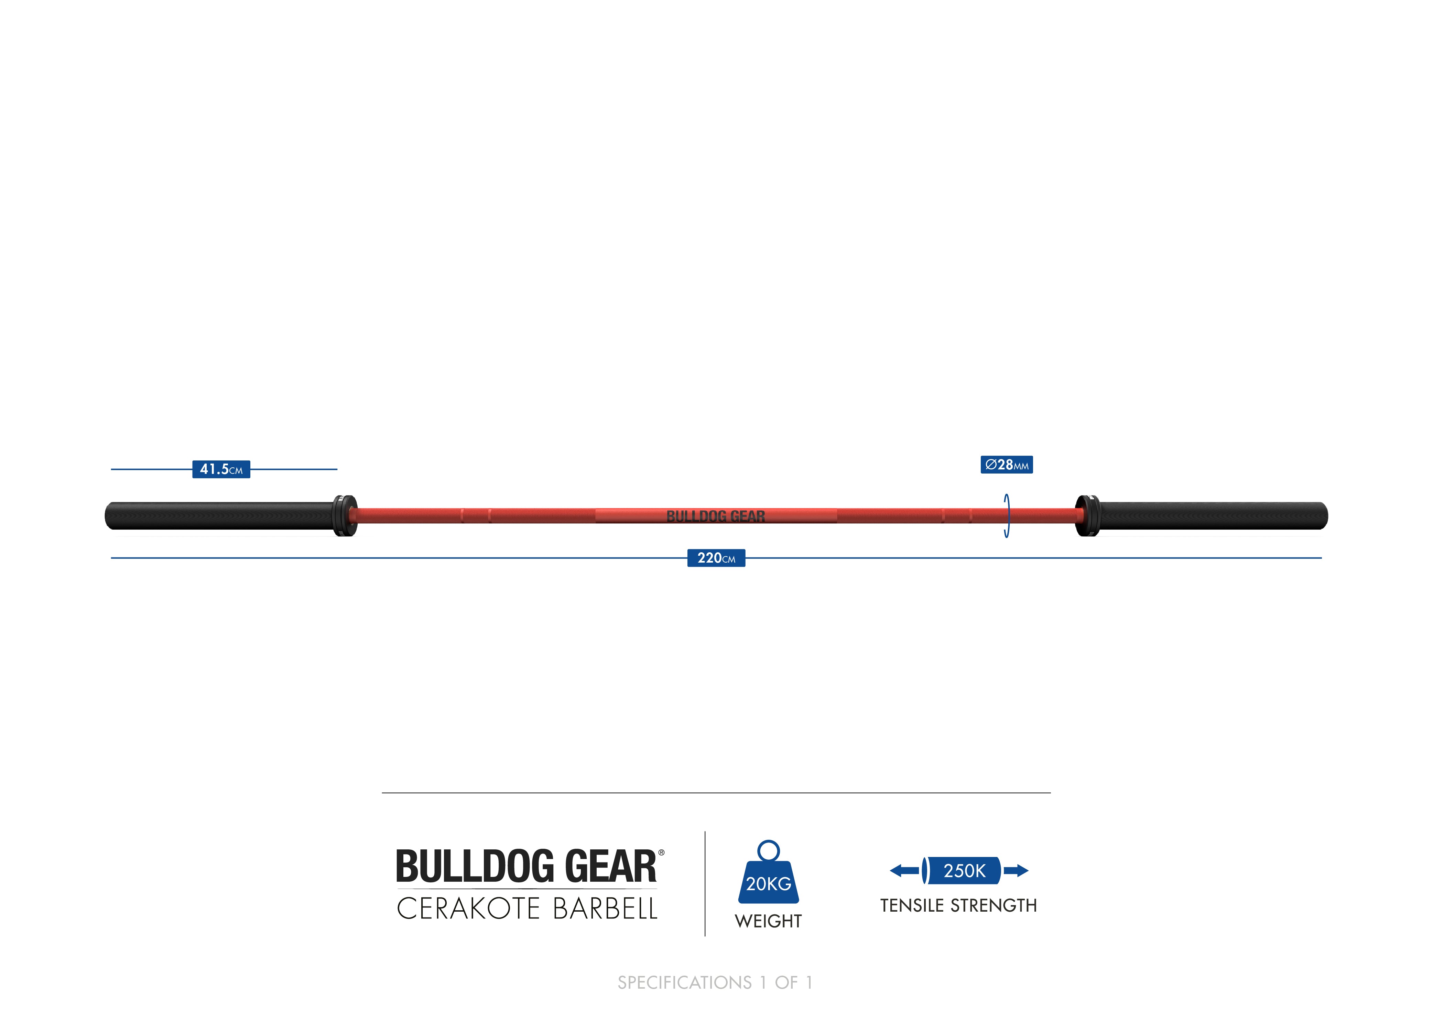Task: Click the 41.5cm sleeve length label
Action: tap(221, 469)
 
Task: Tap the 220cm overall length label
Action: tap(716, 558)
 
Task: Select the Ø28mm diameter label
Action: tap(1007, 465)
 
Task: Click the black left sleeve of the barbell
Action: tap(218, 516)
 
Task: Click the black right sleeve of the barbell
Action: tap(1213, 516)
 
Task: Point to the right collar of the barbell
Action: tap(1087, 516)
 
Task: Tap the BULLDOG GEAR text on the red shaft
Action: tap(716, 516)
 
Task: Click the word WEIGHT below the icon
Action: tap(768, 921)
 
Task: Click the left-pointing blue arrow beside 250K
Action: tap(903, 871)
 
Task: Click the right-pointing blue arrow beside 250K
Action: tap(1016, 871)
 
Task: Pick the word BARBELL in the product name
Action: tap(605, 909)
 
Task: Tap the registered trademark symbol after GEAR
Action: tap(662, 852)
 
